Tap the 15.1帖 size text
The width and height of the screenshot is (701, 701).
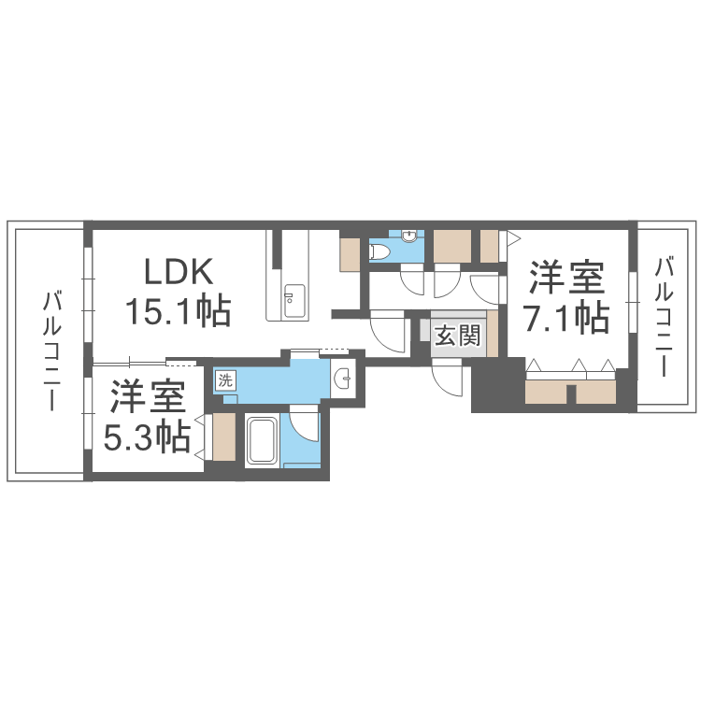(x=179, y=311)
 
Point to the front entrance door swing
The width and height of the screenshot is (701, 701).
(x=448, y=378)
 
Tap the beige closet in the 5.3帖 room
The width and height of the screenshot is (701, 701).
(x=224, y=436)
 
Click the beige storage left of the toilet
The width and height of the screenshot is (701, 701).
(x=350, y=255)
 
